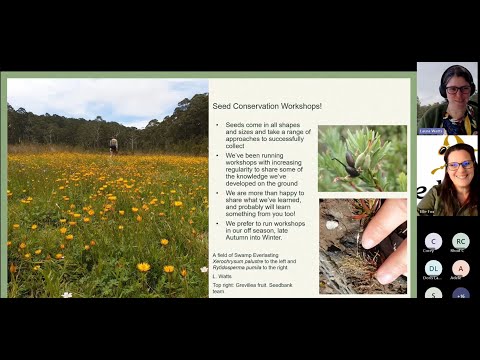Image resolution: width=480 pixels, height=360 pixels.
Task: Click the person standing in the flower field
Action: pos(113,145)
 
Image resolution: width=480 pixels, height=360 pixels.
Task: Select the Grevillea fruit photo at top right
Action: pos(362,158)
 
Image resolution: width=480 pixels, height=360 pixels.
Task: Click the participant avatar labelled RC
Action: pos(460,241)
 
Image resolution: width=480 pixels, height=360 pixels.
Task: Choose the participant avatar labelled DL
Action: pos(433,268)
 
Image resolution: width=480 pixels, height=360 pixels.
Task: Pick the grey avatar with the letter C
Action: pos(433,241)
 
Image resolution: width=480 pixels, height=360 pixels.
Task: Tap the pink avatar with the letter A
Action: pos(460,268)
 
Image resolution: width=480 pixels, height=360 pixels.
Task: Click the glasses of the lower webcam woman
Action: pos(459,164)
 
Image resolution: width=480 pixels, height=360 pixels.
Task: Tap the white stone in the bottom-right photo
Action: pos(332,225)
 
